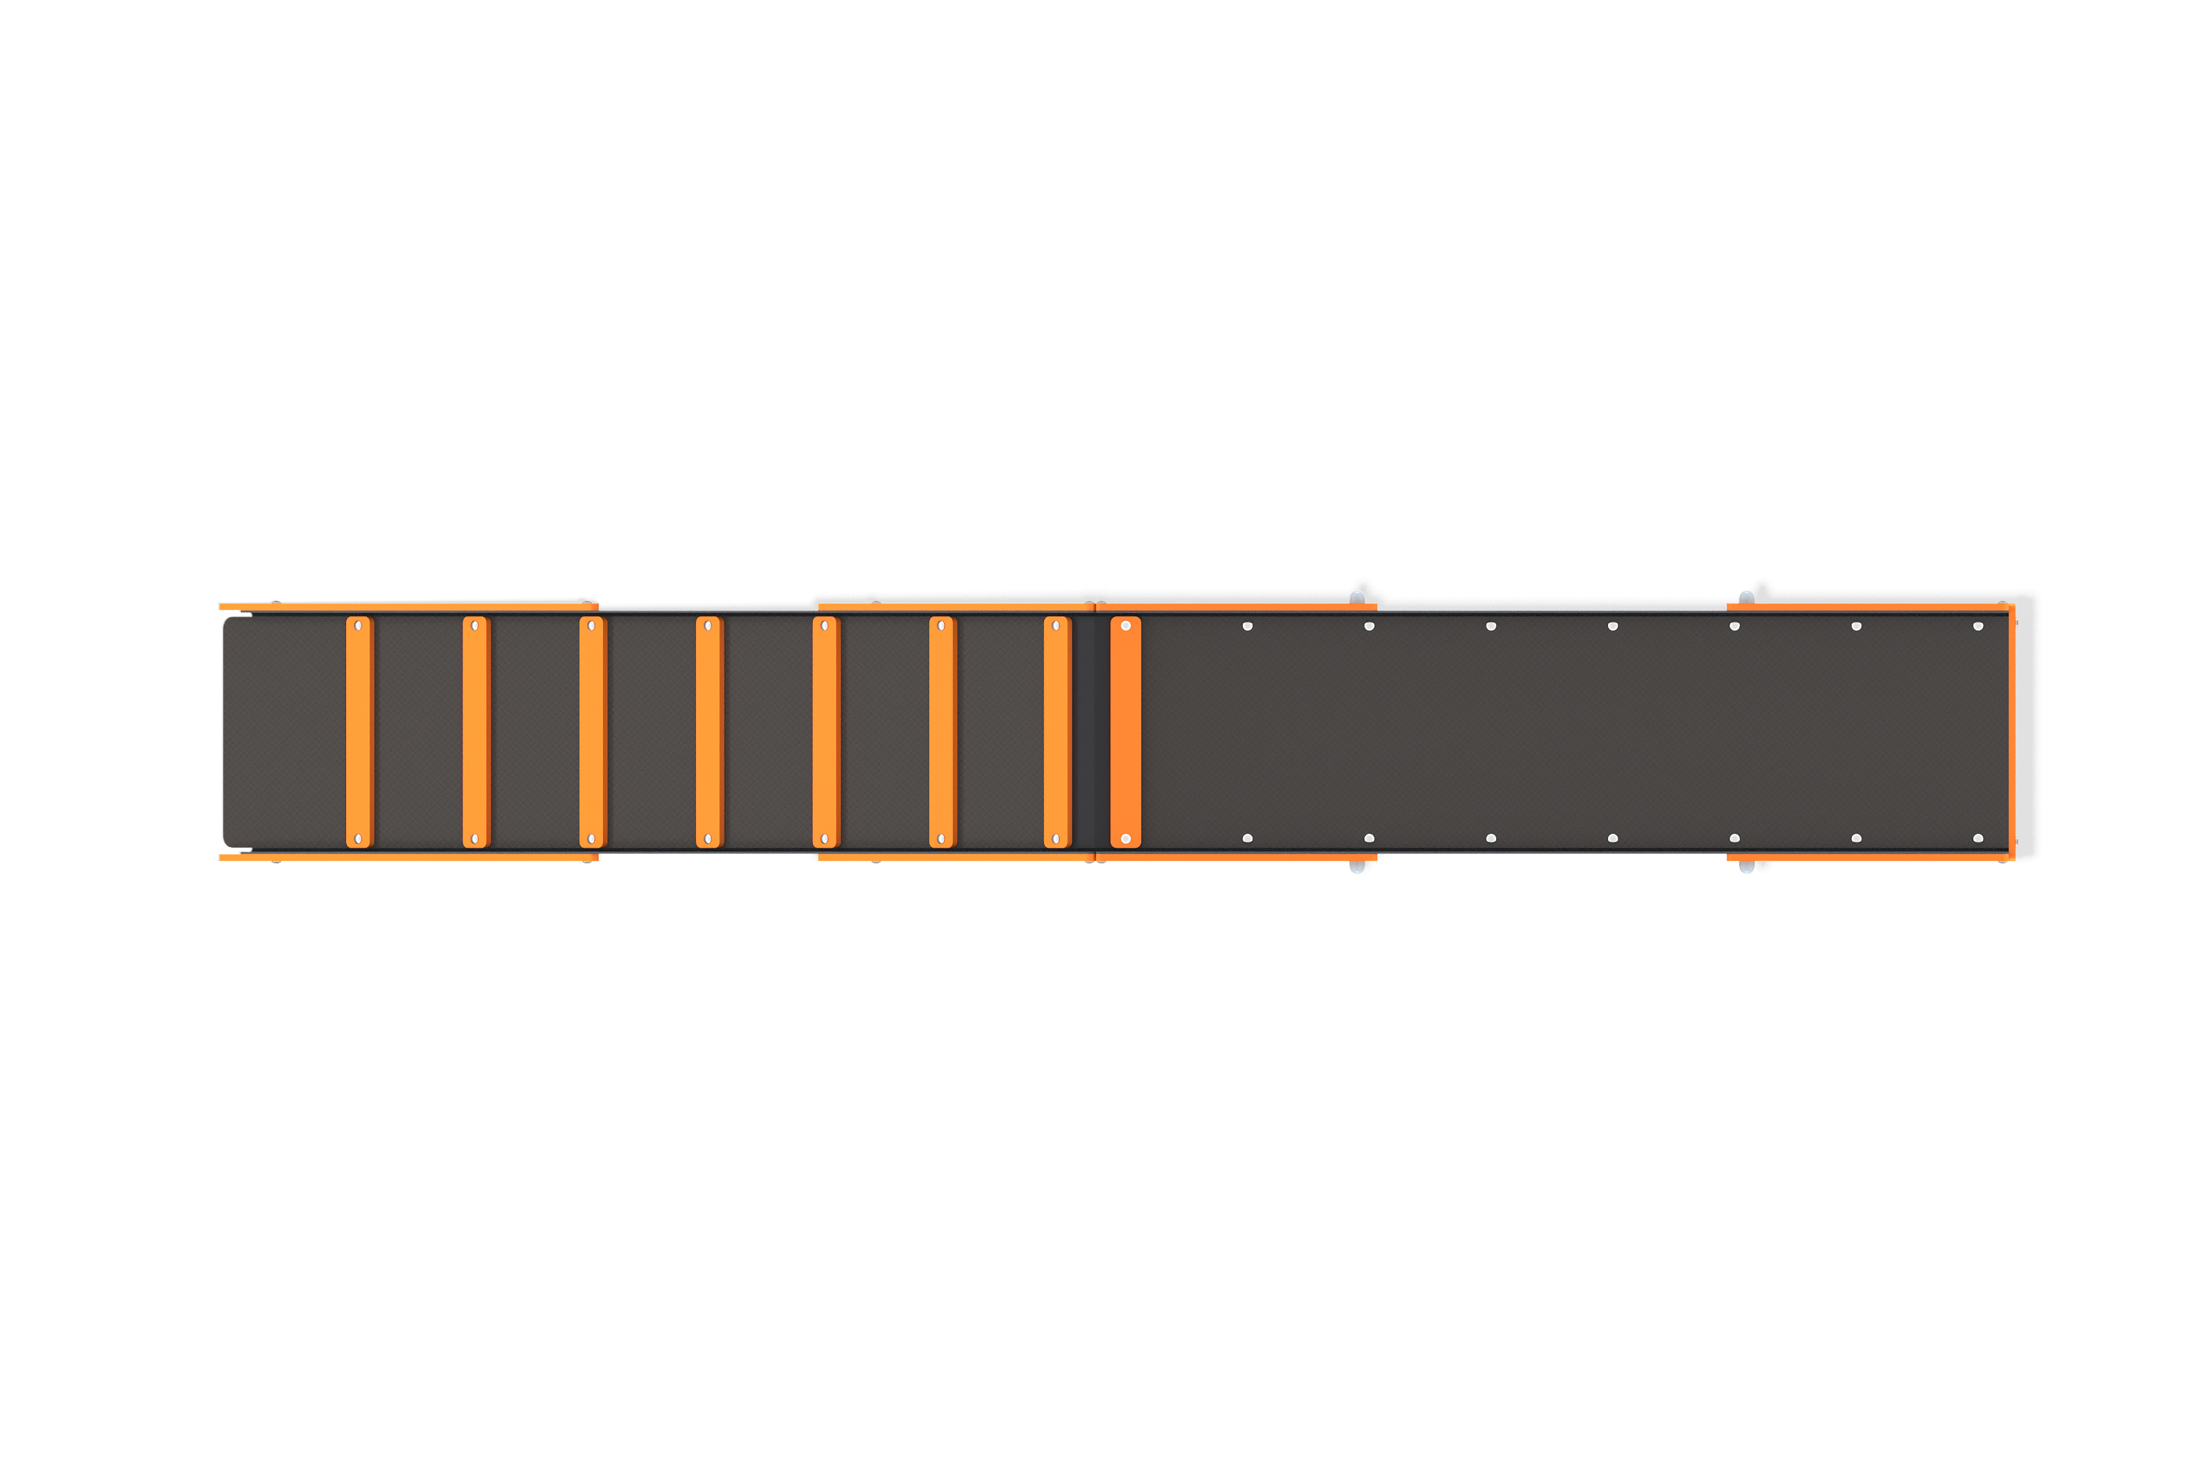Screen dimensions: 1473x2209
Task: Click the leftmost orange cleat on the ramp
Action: pyautogui.click(x=359, y=732)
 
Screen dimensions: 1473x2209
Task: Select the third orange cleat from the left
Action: pyautogui.click(x=592, y=732)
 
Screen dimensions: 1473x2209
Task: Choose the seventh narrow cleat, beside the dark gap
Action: pyautogui.click(x=1057, y=732)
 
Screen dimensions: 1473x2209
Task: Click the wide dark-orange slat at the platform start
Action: pyautogui.click(x=1125, y=732)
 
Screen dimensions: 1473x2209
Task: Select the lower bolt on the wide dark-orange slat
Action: pyautogui.click(x=1125, y=839)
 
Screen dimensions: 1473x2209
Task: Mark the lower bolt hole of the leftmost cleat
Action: pyautogui.click(x=358, y=839)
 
